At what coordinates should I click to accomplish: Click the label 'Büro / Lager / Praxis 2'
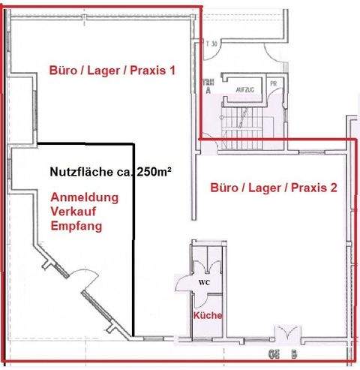[x=273, y=188]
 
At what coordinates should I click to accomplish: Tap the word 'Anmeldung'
[x=83, y=198]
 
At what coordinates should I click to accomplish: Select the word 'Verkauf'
[x=74, y=212]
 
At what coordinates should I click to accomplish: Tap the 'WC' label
[x=204, y=283]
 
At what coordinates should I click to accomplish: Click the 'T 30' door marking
[x=211, y=44]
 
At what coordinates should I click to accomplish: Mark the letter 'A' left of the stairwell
[x=208, y=89]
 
